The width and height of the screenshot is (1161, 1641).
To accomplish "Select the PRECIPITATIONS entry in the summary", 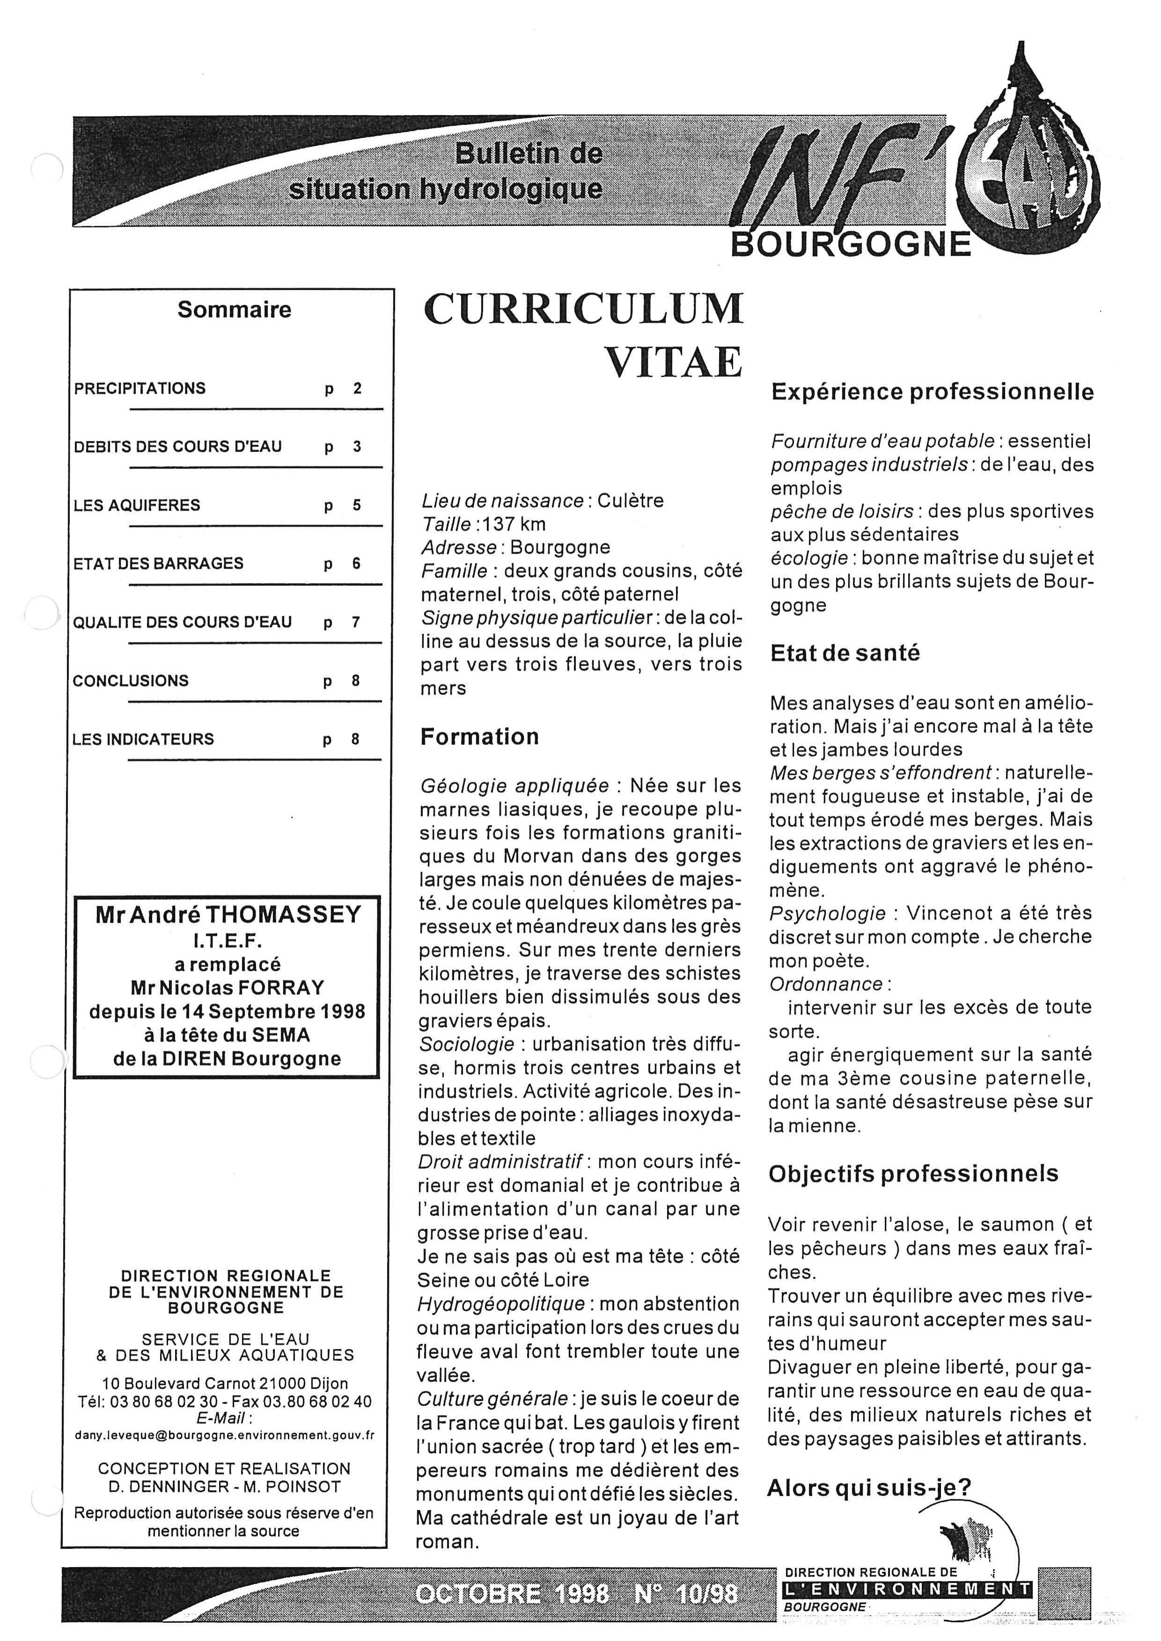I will pyautogui.click(x=140, y=389).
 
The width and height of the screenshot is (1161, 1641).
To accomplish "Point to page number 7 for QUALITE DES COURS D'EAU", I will pyautogui.click(x=355, y=622).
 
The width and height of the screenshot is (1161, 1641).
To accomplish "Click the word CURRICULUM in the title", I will pyautogui.click(x=583, y=309).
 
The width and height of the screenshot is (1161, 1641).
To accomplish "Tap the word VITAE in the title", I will pyautogui.click(x=674, y=362).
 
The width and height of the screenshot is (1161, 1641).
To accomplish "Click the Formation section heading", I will pyautogui.click(x=479, y=737).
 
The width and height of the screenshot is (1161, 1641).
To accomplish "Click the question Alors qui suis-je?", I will pyautogui.click(x=868, y=1488).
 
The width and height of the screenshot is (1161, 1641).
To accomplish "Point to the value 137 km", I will pyautogui.click(x=514, y=524).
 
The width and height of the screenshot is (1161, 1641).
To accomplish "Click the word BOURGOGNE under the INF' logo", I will pyautogui.click(x=850, y=245).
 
